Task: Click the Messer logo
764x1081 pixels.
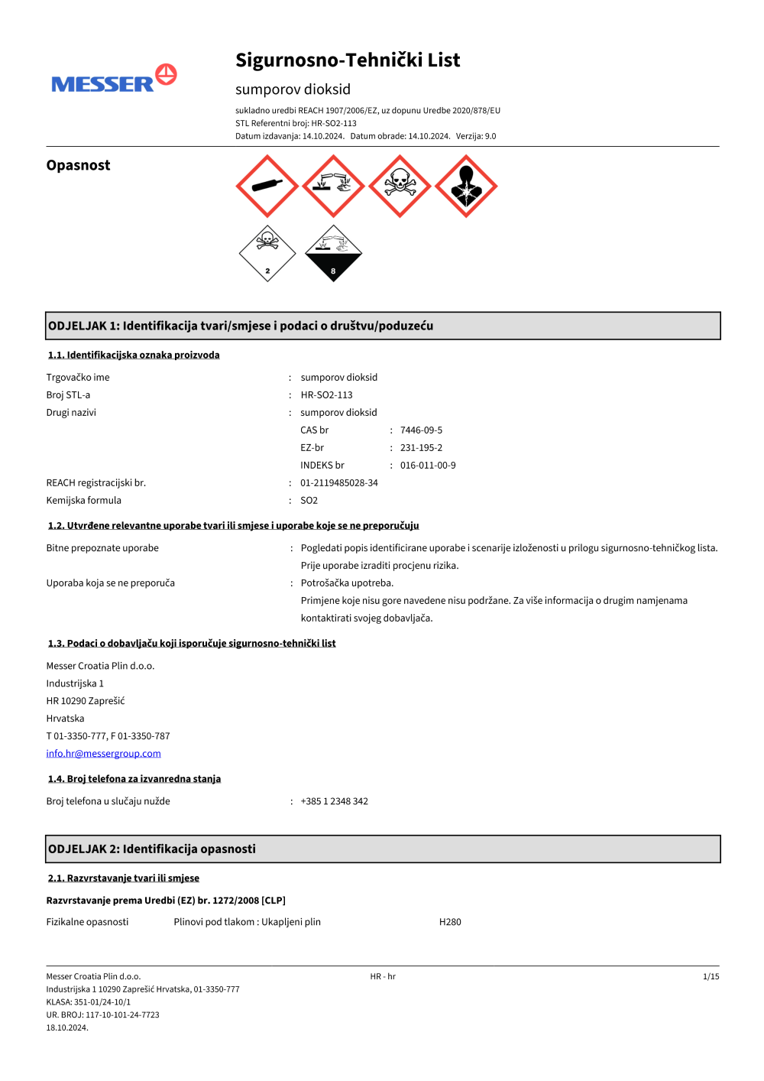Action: [x=114, y=80]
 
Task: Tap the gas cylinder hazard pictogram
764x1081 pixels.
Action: [x=267, y=187]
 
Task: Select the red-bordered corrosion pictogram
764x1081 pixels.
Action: [x=333, y=187]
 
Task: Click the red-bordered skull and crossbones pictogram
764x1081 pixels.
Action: [x=400, y=187]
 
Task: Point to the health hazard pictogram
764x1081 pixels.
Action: [x=466, y=187]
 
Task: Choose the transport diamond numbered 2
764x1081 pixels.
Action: [x=267, y=253]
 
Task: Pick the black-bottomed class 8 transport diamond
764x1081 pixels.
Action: [x=333, y=253]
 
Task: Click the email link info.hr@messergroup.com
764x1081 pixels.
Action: [x=103, y=754]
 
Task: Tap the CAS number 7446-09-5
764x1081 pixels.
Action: [x=421, y=430]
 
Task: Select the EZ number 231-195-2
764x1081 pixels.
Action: [x=421, y=448]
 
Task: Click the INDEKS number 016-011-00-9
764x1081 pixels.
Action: [x=428, y=466]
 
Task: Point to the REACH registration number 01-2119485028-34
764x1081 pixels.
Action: [x=339, y=483]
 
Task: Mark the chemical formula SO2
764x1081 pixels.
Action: [x=309, y=501]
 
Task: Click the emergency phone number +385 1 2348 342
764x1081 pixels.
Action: [x=335, y=801]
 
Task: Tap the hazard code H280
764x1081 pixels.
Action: [x=450, y=922]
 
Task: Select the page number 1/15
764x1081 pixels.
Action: [x=711, y=976]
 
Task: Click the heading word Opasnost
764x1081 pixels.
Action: [x=78, y=165]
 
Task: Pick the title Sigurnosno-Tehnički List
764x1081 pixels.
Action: [x=348, y=60]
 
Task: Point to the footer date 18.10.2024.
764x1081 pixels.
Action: [x=67, y=1027]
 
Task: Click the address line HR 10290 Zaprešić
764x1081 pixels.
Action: [x=86, y=701]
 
